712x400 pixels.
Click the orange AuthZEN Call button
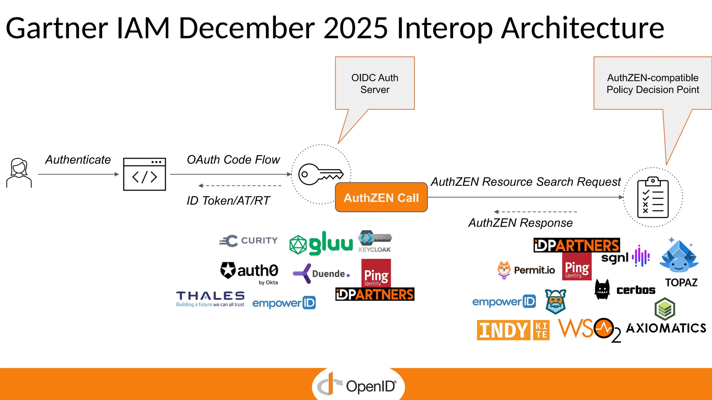coord(381,198)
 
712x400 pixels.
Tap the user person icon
coord(19,173)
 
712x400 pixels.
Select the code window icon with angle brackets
coord(144,174)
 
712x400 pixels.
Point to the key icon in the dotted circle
coord(321,174)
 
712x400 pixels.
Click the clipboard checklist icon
coord(653,197)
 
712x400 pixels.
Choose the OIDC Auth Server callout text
coord(375,84)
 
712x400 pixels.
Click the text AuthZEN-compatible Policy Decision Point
coord(653,84)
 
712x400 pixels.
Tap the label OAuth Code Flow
coord(233,160)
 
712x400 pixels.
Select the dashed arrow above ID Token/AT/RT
coord(240,186)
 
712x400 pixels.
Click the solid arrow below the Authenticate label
coord(78,174)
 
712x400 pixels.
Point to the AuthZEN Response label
coord(520,223)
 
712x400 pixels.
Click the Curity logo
coord(249,241)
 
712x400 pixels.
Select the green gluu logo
coord(321,243)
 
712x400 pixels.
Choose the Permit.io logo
coord(526,270)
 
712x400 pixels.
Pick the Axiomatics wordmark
coord(666,328)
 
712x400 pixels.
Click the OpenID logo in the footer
coord(358,386)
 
